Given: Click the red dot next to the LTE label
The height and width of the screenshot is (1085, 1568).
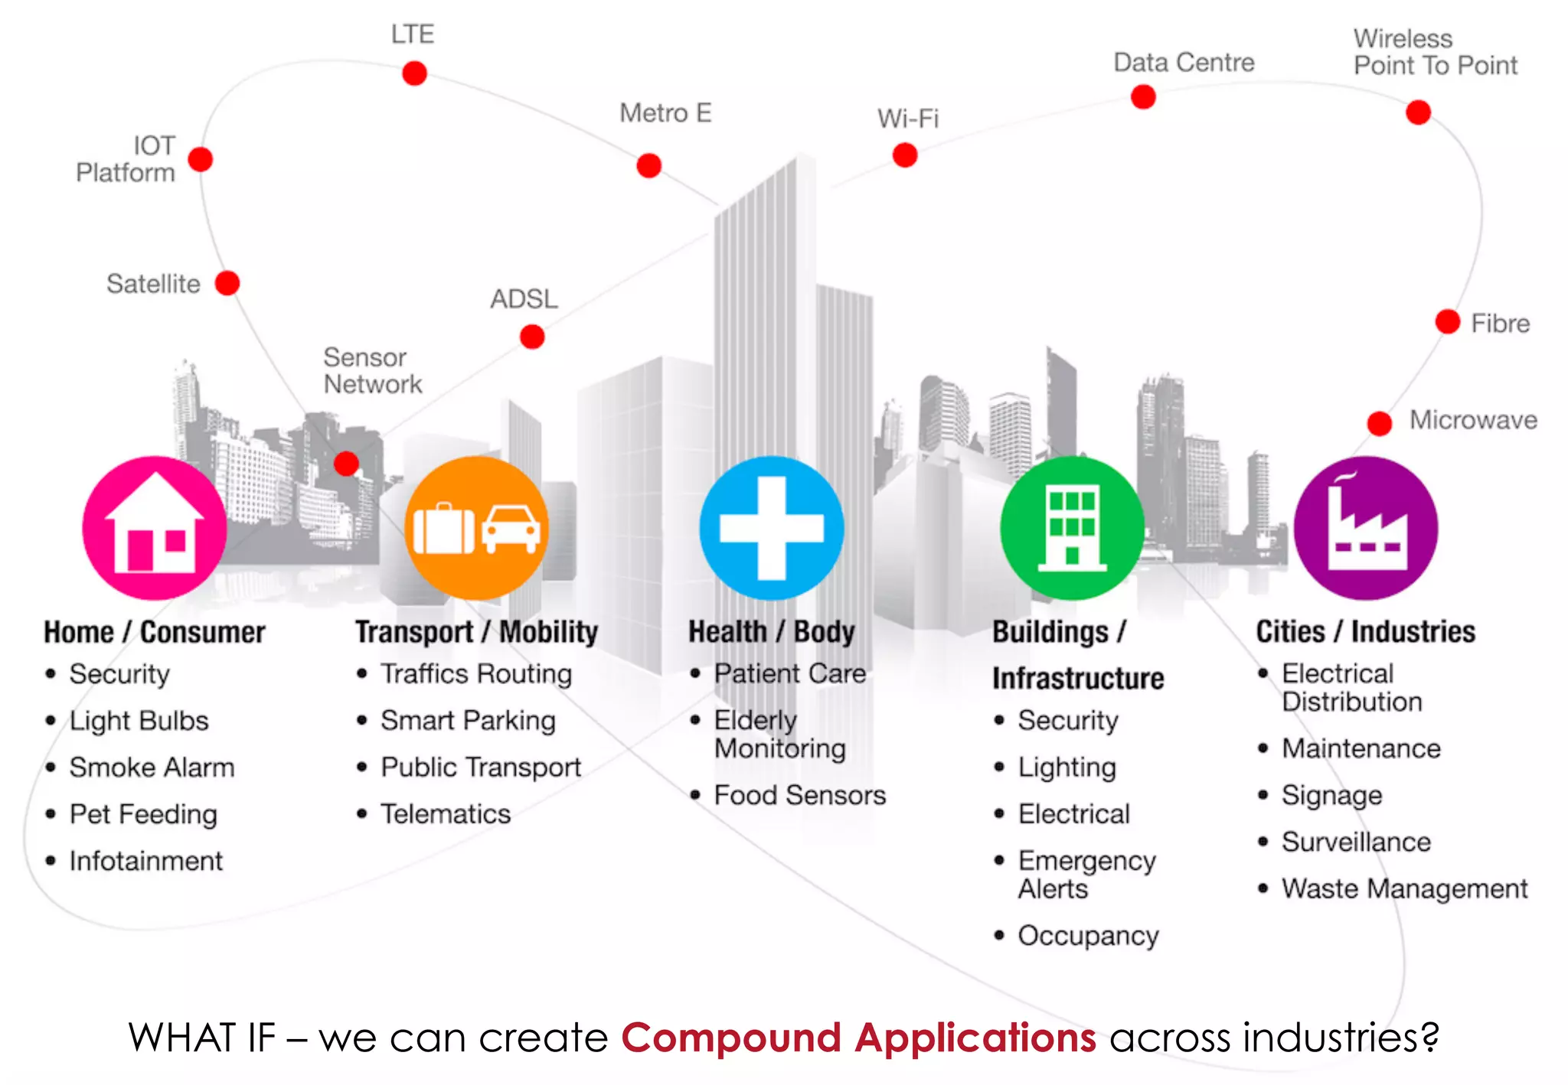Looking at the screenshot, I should [x=414, y=73].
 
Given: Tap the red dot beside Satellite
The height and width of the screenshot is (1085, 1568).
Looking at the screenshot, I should [x=227, y=283].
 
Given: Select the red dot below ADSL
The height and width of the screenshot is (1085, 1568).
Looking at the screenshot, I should [x=532, y=336].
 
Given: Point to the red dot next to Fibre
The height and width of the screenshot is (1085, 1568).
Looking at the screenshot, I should [x=1447, y=321].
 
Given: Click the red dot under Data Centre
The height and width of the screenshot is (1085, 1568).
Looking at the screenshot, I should [x=1143, y=97].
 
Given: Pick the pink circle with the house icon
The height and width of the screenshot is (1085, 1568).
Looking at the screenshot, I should [x=155, y=528].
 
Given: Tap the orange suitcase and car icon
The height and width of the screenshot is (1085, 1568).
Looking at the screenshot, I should [x=476, y=528].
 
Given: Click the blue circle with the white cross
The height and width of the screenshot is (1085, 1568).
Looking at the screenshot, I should [x=772, y=528].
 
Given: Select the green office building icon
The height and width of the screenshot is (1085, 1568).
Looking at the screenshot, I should [x=1072, y=528].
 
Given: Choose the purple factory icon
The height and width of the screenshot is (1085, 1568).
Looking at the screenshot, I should [x=1366, y=528].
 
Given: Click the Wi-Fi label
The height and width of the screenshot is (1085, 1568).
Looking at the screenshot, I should [x=908, y=119].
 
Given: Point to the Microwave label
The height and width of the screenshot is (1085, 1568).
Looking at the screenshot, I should [x=1473, y=420].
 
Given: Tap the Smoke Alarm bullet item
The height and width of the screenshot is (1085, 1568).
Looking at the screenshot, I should [x=152, y=767].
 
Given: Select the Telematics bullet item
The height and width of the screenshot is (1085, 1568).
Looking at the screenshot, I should [x=446, y=814].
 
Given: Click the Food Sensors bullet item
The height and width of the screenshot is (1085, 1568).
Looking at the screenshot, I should [x=799, y=796].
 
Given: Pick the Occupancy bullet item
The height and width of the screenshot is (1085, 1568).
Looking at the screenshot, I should [x=1088, y=936].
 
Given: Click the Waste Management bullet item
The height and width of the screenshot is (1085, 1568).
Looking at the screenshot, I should [x=1404, y=889].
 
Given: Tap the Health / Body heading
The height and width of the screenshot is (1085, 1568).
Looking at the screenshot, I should [x=772, y=632].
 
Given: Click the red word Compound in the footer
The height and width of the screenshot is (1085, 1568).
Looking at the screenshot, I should [x=731, y=1038].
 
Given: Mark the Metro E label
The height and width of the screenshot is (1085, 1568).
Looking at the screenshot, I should [x=665, y=113].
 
